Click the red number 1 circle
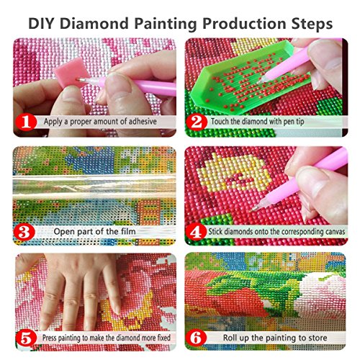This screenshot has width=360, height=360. (23, 122)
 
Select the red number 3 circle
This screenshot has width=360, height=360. (23, 232)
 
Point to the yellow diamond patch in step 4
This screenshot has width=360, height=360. (237, 176)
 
